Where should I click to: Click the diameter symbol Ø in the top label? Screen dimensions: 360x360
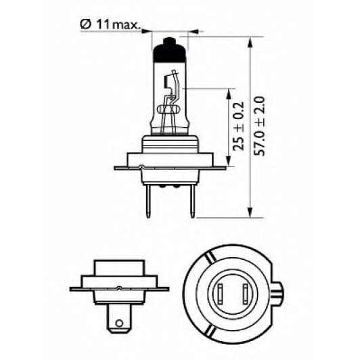pyautogui.click(x=85, y=26)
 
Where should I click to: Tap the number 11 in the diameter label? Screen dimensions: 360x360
pyautogui.click(x=102, y=26)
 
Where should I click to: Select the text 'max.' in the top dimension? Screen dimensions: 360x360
pyautogui.click(x=126, y=26)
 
